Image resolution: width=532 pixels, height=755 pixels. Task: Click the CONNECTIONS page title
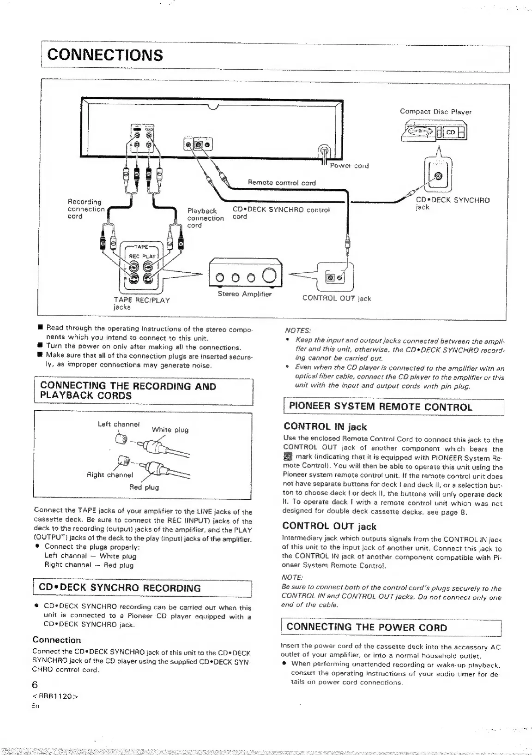pos(105,55)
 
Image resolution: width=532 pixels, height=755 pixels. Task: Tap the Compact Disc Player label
pos(435,112)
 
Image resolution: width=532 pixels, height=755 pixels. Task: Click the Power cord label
pos(349,166)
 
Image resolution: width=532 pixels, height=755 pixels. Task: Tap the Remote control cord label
pos(282,182)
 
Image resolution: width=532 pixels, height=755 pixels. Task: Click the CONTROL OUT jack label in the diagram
pos(336,298)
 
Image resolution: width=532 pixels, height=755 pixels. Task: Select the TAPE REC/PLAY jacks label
pos(142,303)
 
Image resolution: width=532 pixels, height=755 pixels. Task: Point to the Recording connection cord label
pos(86,209)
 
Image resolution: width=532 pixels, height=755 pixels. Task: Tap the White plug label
pos(170,430)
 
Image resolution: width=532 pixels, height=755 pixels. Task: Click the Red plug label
pos(144,487)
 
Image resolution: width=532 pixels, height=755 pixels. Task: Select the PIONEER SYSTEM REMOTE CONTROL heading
pos(381,407)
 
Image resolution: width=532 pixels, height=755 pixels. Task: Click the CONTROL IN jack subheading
pos(325,427)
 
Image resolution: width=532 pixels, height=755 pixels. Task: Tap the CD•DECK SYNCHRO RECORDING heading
pos(120,588)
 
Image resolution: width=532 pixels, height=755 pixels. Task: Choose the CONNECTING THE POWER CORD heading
pos(367,627)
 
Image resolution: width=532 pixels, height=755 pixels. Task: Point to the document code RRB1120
pos(52,697)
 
